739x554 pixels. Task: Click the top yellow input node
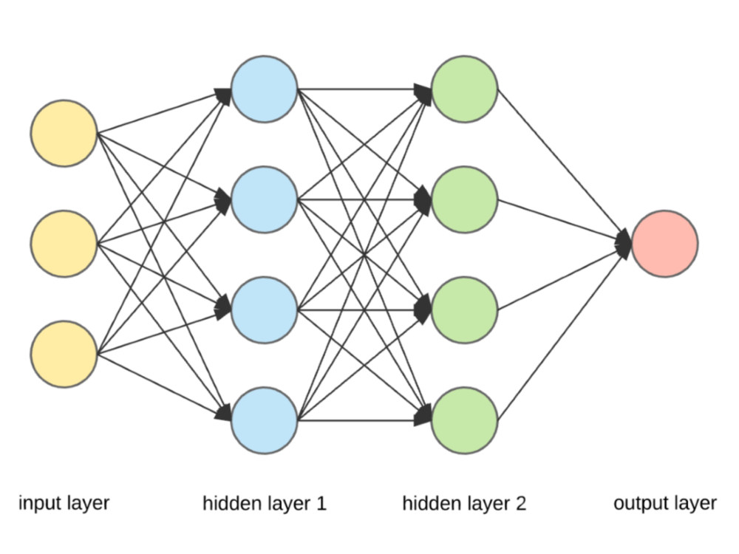coord(64,133)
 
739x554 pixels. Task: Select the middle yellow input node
coord(64,244)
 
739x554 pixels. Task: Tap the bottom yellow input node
coord(64,354)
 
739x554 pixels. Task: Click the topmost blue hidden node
coord(265,89)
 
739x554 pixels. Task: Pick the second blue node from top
coord(265,199)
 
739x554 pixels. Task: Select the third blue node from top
coord(265,310)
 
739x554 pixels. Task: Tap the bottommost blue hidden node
coord(265,420)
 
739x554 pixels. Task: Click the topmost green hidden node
coord(464,89)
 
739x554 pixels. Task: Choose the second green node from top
coord(464,199)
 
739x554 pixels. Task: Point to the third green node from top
coord(464,310)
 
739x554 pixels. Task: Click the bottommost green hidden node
coord(464,420)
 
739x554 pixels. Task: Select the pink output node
coord(664,244)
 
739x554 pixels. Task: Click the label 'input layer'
coord(64,504)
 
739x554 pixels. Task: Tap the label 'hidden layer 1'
coord(264,505)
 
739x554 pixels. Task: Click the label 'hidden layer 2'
coord(464,505)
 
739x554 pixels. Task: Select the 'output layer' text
coord(664,504)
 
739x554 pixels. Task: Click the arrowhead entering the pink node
coord(623,243)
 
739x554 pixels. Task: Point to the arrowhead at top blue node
coord(223,93)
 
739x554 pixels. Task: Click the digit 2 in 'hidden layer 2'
coord(521,505)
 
